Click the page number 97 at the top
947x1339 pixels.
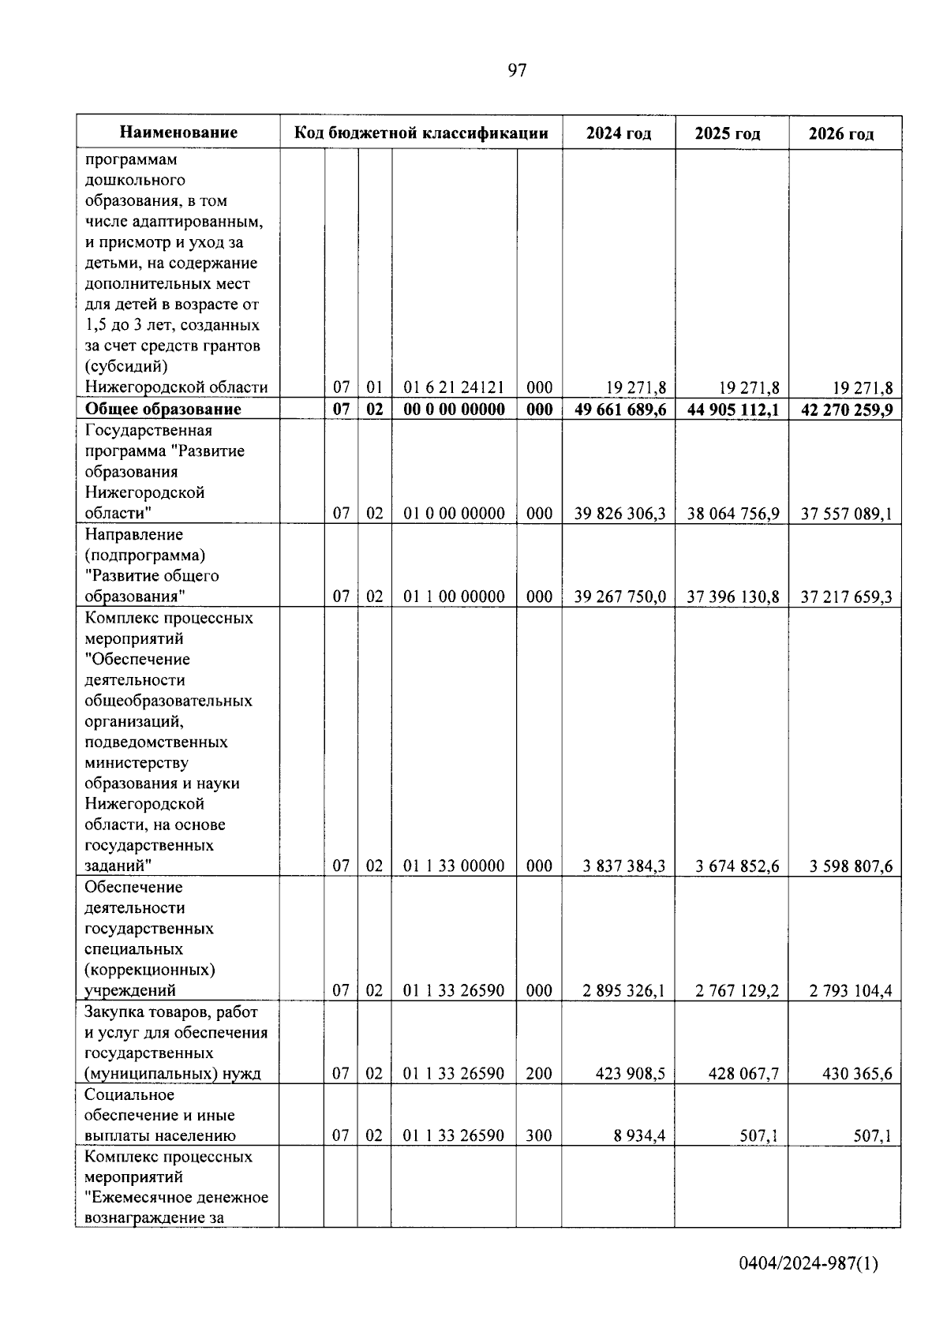tap(517, 71)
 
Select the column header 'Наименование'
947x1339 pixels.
tap(178, 133)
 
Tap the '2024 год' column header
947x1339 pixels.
tap(619, 133)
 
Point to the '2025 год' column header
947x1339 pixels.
tap(728, 133)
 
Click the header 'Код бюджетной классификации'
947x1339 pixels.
tap(421, 133)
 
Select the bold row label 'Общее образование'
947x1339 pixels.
tap(163, 409)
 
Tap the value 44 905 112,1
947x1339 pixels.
tap(733, 409)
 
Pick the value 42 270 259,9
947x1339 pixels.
tap(847, 409)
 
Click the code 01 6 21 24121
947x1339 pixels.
tap(454, 387)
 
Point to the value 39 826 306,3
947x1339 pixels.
tap(620, 514)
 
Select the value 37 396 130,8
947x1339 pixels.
tap(733, 597)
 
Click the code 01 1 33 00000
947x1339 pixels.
tap(454, 866)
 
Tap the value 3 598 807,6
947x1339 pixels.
tap(851, 866)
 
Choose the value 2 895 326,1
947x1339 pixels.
tap(624, 990)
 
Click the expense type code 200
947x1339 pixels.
tap(539, 1073)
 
